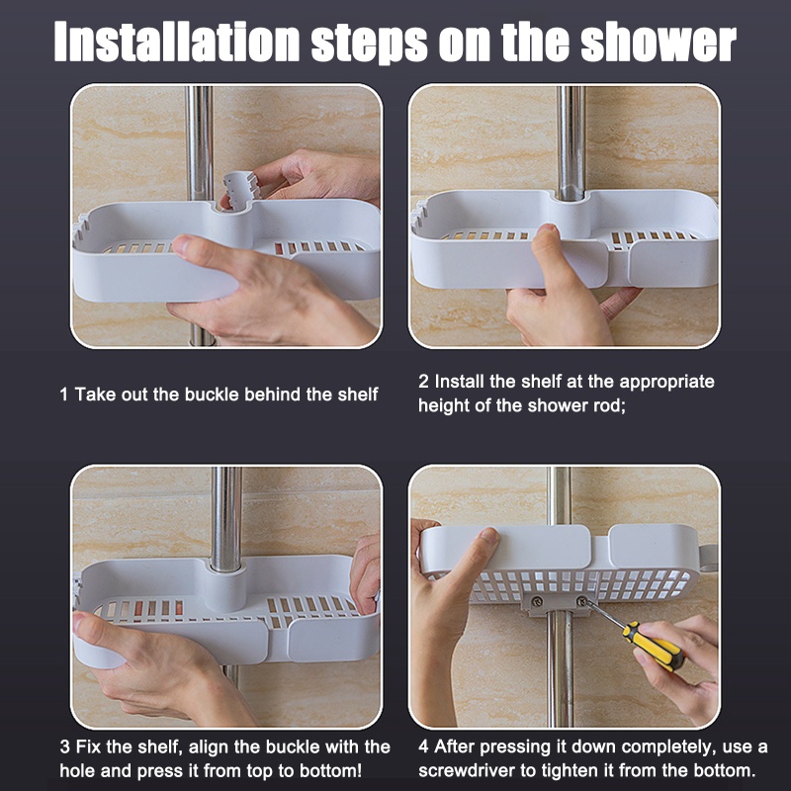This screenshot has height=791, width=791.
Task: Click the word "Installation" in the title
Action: click(177, 42)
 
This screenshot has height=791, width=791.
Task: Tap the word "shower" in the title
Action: click(659, 43)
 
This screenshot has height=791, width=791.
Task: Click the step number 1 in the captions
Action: click(63, 395)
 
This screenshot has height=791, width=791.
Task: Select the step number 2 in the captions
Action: click(423, 382)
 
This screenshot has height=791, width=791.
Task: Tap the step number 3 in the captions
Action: click(64, 747)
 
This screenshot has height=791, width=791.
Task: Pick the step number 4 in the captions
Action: click(424, 747)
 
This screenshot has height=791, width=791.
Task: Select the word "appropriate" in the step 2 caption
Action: click(666, 383)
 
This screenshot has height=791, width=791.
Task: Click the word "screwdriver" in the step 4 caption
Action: click(467, 771)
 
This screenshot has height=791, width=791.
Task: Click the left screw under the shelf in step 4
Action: click(537, 601)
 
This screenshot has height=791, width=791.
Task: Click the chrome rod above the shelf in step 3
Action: click(226, 518)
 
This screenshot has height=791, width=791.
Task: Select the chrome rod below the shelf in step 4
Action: click(561, 669)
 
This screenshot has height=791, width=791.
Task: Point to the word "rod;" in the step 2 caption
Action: click(609, 406)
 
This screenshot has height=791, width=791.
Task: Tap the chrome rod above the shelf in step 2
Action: click(571, 141)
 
